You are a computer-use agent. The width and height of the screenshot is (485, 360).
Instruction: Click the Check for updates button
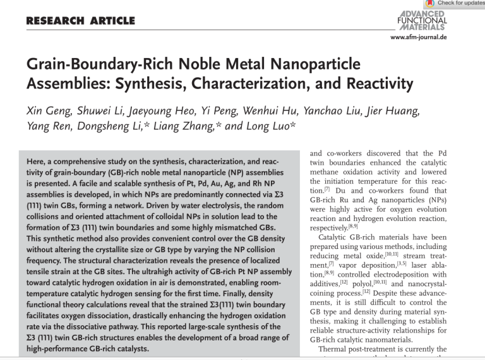click(455, 4)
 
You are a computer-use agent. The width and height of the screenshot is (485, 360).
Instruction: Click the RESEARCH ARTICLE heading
click(80, 21)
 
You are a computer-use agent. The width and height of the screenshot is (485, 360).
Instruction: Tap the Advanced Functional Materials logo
click(422, 21)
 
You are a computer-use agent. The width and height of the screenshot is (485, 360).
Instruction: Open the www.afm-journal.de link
click(419, 38)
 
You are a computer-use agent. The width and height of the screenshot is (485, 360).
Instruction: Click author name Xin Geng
click(49, 112)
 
